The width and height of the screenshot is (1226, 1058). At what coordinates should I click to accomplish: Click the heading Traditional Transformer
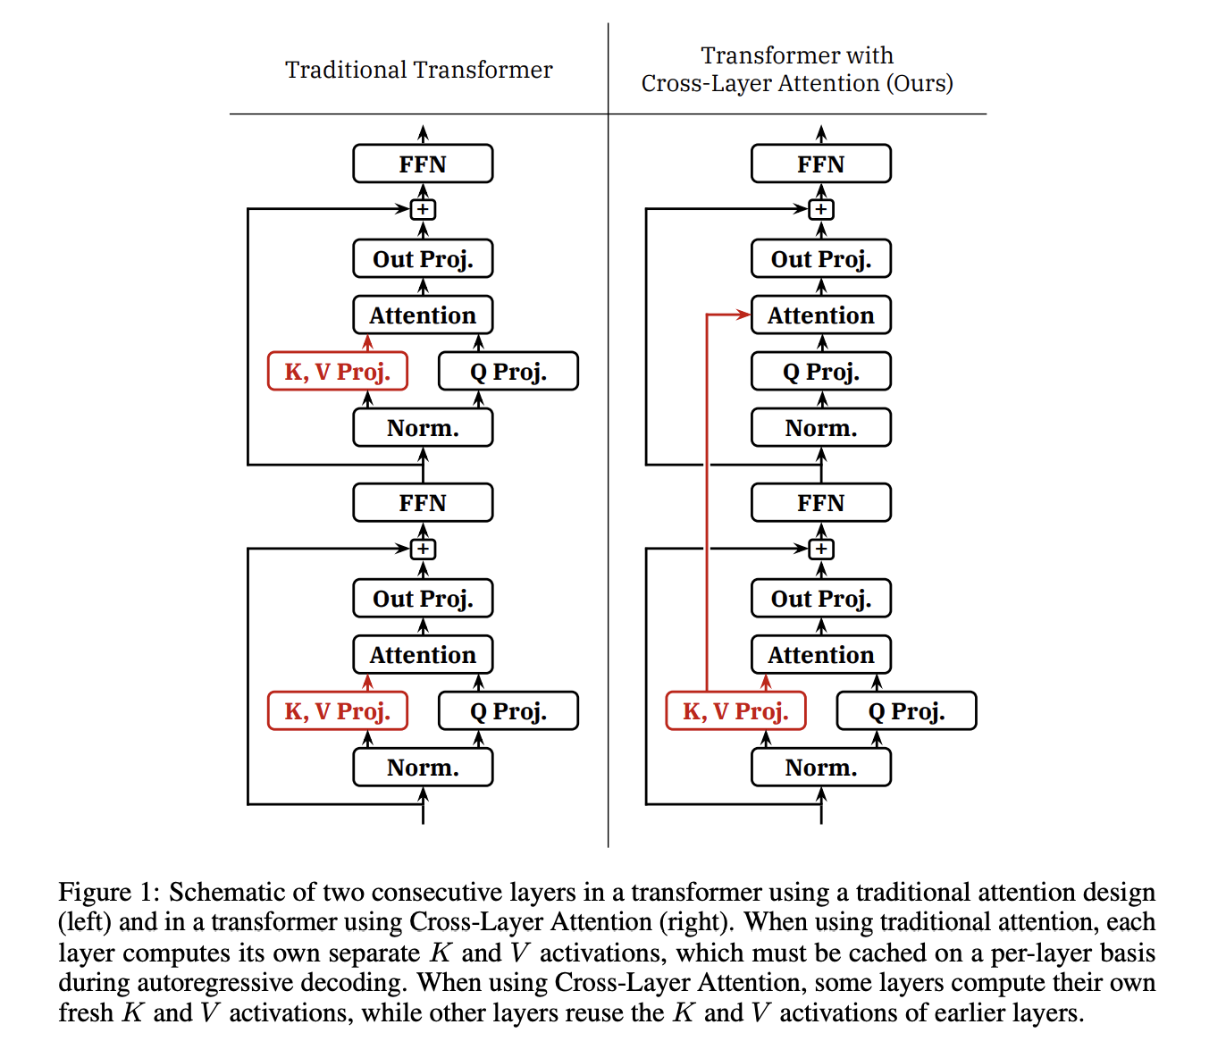click(418, 70)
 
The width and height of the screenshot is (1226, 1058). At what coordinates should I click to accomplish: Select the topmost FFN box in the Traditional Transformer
click(423, 164)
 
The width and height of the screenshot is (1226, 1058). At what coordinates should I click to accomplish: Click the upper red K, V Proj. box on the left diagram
click(338, 372)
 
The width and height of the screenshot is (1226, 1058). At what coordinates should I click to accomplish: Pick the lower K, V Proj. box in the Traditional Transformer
click(338, 711)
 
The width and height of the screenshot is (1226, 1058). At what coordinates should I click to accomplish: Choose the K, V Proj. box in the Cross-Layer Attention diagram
click(735, 711)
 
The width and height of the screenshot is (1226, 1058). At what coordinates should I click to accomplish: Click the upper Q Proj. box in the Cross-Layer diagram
click(820, 372)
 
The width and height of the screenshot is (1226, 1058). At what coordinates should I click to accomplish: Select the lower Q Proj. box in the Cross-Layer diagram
click(906, 711)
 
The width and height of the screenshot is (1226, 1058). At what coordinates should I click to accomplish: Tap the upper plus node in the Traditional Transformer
click(423, 209)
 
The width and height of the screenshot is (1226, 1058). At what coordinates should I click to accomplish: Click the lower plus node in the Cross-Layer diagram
click(820, 549)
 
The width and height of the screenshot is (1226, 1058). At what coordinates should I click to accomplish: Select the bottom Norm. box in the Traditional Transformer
click(423, 768)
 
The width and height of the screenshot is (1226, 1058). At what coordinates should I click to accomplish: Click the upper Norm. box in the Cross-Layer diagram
click(820, 428)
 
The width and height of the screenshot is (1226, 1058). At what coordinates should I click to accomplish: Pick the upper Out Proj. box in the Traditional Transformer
click(423, 259)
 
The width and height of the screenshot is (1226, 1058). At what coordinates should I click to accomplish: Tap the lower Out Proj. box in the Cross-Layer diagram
click(820, 599)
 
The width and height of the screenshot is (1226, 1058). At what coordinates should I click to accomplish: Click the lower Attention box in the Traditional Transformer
click(423, 655)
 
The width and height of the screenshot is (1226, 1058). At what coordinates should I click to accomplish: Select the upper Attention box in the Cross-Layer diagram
click(820, 315)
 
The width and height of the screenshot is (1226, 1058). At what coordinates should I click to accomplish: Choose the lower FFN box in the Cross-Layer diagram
click(820, 503)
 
